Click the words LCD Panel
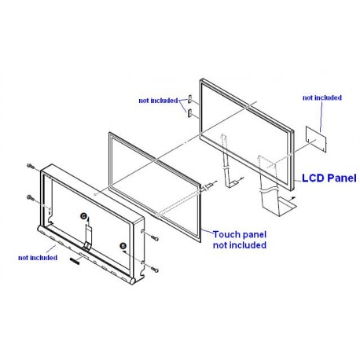(x=329, y=178)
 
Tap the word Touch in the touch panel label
(x=226, y=234)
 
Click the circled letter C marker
(x=83, y=216)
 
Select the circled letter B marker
(x=123, y=246)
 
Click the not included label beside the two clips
(x=158, y=101)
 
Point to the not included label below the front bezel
(x=38, y=258)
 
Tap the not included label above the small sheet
(x=322, y=97)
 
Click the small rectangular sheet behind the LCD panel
(x=317, y=139)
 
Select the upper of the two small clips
(x=189, y=99)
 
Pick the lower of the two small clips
(x=189, y=113)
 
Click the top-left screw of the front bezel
(x=31, y=166)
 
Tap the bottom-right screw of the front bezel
(x=155, y=270)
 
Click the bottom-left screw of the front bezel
(x=31, y=198)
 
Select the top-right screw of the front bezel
(x=155, y=238)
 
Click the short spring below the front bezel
(x=75, y=261)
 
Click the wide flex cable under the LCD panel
(x=273, y=189)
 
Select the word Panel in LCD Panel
(x=342, y=178)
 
